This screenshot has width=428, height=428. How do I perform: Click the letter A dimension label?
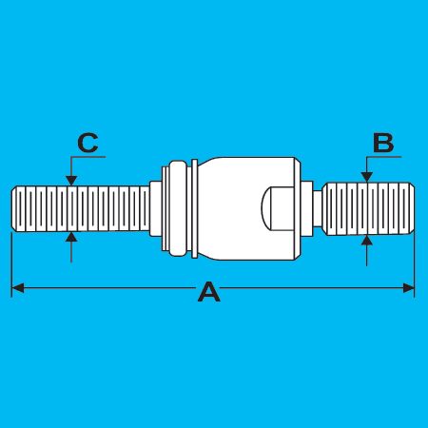209,291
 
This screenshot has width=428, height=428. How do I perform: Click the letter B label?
383,143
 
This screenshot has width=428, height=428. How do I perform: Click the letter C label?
88,143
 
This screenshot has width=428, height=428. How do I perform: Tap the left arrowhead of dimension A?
18,288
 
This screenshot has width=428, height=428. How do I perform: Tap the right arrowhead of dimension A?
408,288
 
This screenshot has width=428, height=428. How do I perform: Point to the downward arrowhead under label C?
71,181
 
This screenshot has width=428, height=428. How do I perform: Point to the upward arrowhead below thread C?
71,237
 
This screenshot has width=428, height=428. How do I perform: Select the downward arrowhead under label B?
367,177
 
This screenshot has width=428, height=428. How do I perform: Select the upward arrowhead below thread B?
367,240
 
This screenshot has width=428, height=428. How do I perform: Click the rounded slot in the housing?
278,208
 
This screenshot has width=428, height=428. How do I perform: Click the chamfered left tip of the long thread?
14,208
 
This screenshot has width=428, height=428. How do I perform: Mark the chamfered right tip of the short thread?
411,208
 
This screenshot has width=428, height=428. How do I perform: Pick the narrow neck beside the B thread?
318,208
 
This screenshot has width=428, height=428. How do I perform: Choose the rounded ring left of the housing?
178,208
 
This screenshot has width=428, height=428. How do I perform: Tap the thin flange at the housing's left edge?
195,208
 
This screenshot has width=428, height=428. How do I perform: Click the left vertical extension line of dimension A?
11,264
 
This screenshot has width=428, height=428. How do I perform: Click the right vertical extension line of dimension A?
415,264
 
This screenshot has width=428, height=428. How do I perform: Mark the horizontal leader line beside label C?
88,157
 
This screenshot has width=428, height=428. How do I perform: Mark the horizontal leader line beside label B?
383,157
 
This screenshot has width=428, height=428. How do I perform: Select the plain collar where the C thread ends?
155,208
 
